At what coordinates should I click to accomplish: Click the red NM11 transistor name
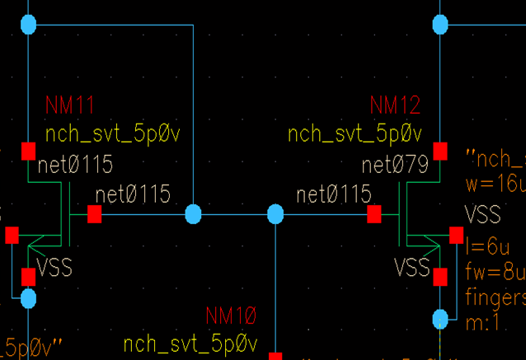tap(70, 105)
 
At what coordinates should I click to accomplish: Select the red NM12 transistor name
tap(395, 105)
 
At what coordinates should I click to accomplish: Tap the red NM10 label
tap(231, 316)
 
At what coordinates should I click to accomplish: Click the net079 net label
tap(395, 166)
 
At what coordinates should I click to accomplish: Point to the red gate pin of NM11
tap(94, 214)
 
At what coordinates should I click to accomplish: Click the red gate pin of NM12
tap(374, 214)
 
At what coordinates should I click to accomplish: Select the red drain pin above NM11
tap(28, 151)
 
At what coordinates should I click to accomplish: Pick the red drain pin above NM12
tap(440, 151)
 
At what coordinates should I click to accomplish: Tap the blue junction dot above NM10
tap(275, 215)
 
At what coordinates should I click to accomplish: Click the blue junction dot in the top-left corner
tap(29, 25)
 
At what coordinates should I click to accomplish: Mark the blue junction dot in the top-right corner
tap(440, 25)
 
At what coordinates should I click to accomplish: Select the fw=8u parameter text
tap(493, 271)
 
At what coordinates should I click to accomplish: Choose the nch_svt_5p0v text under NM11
tap(112, 134)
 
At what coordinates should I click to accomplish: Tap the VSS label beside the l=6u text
tap(483, 215)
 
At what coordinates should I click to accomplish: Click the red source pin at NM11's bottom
tap(28, 275)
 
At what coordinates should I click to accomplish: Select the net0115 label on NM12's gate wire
tap(334, 195)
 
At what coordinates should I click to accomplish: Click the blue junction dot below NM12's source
tap(440, 316)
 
